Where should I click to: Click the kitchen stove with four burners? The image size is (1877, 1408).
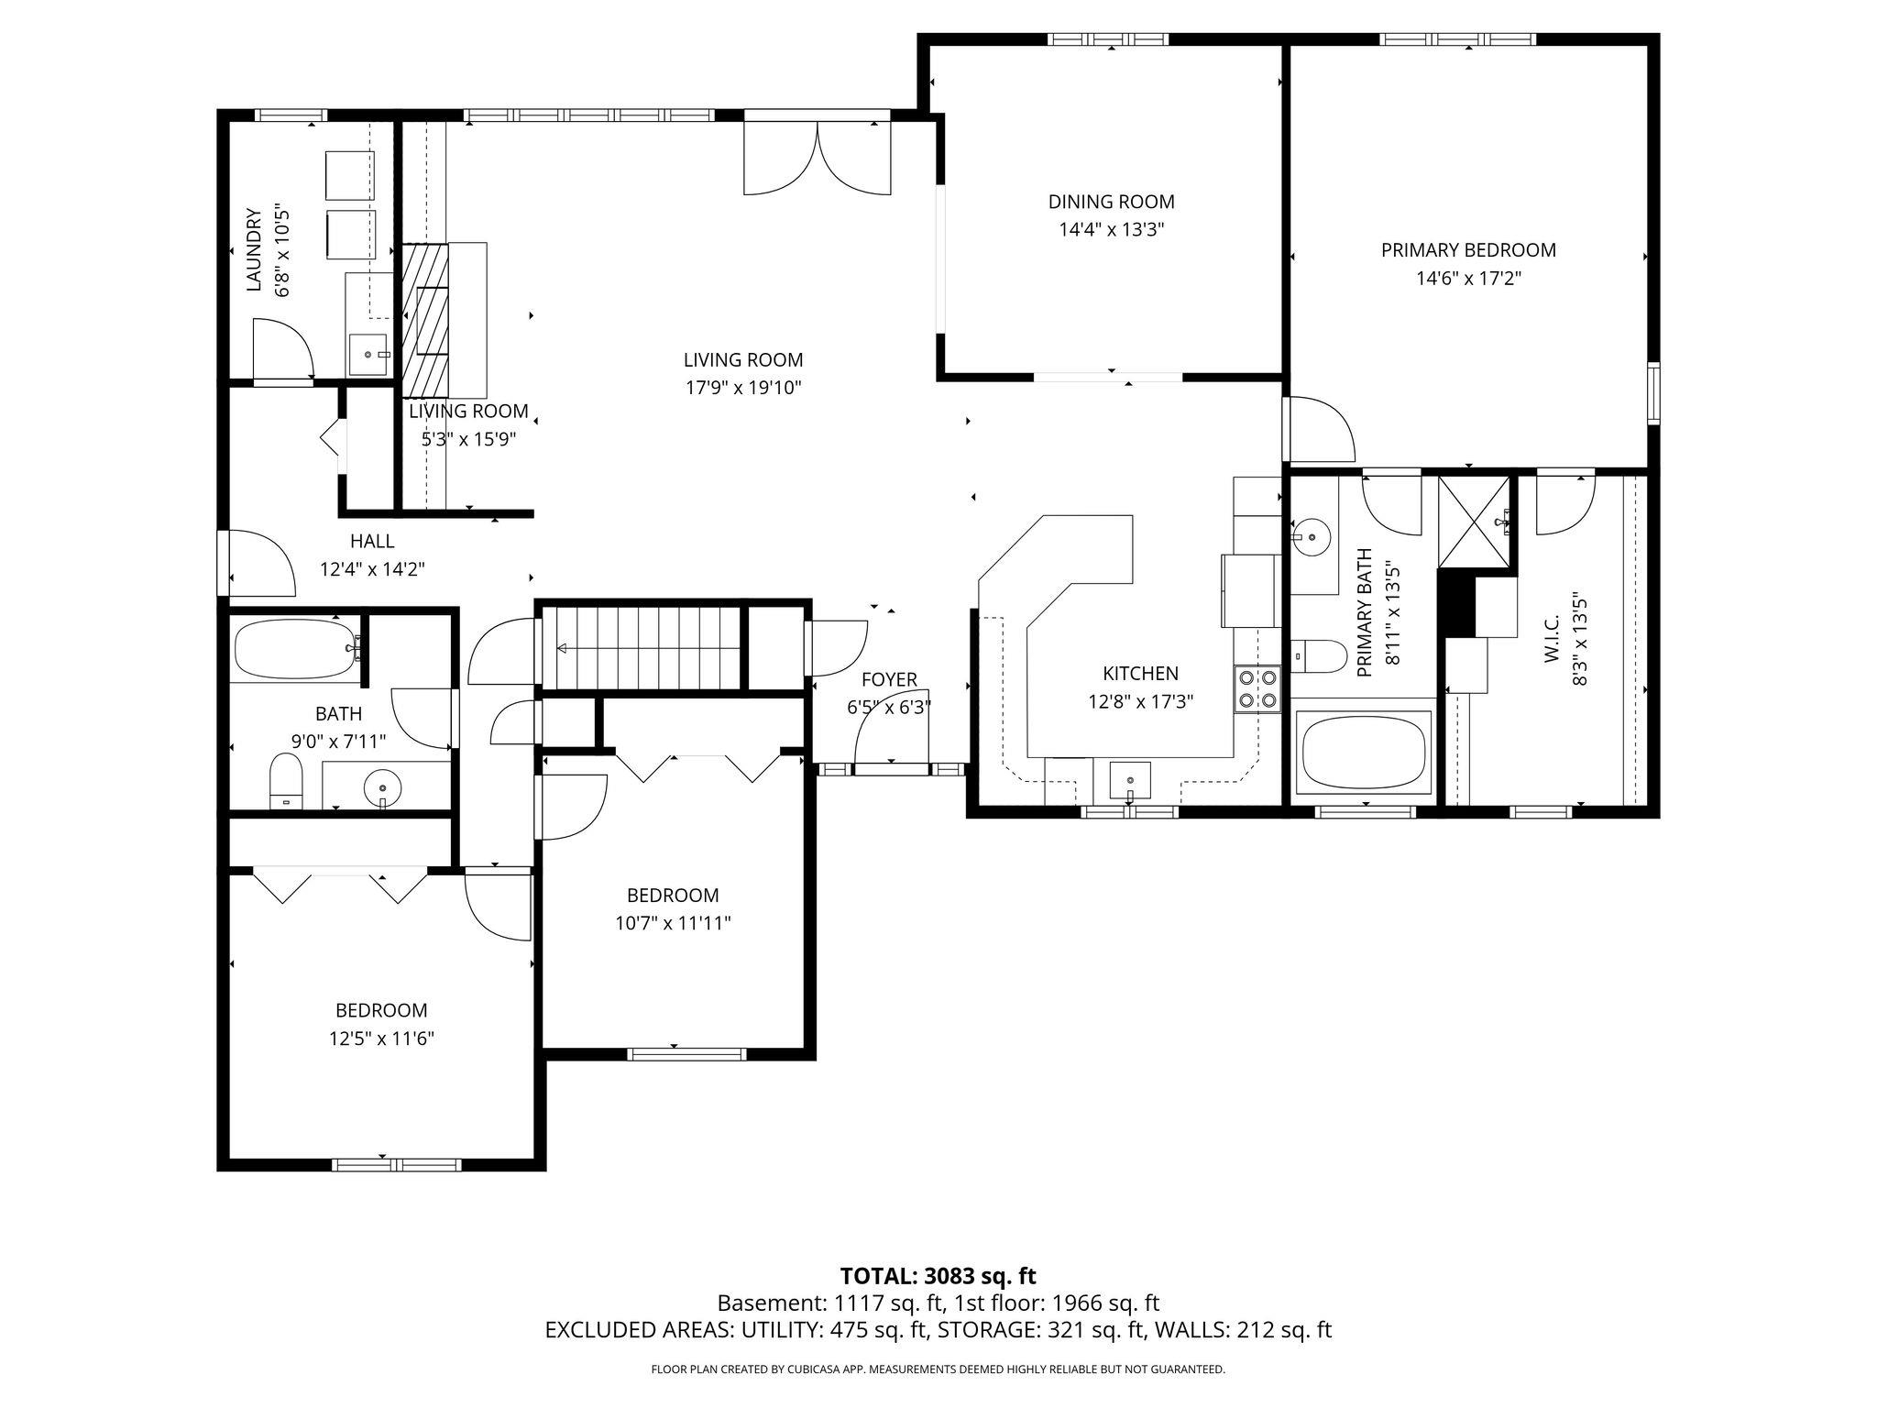pos(1257,688)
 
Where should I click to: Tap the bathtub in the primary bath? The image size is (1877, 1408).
pos(1365,751)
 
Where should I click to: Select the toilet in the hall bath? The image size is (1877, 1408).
pos(287,781)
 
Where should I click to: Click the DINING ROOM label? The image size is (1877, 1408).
pos(1111,202)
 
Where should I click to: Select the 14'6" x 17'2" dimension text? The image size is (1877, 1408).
pos(1468,278)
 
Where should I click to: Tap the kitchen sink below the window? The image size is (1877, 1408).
pos(1129,779)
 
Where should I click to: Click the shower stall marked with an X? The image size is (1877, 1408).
pos(1474,522)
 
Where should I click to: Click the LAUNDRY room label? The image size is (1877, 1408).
pos(255,250)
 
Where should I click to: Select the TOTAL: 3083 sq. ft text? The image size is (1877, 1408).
pos(938,1276)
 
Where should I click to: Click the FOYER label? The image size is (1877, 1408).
pos(889,679)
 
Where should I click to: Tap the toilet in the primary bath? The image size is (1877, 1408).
pos(1317,655)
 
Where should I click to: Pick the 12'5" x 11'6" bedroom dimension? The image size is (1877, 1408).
pos(381,1039)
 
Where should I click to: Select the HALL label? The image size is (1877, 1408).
pos(372,541)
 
